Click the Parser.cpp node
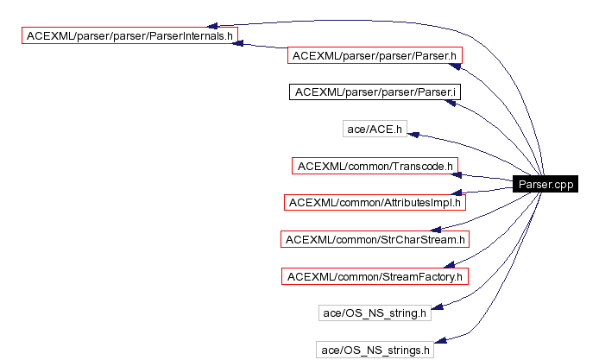coord(544,184)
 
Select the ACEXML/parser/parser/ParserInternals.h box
coord(130,36)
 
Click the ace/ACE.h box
coord(375,129)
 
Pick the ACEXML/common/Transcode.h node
coord(375,165)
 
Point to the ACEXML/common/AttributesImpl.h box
coord(375,202)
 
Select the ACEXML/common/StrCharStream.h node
coord(375,239)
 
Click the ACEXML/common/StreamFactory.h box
coord(375,276)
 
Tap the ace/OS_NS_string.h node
coord(375,313)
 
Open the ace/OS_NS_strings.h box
coord(375,350)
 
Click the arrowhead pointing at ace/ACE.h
coord(413,134)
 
